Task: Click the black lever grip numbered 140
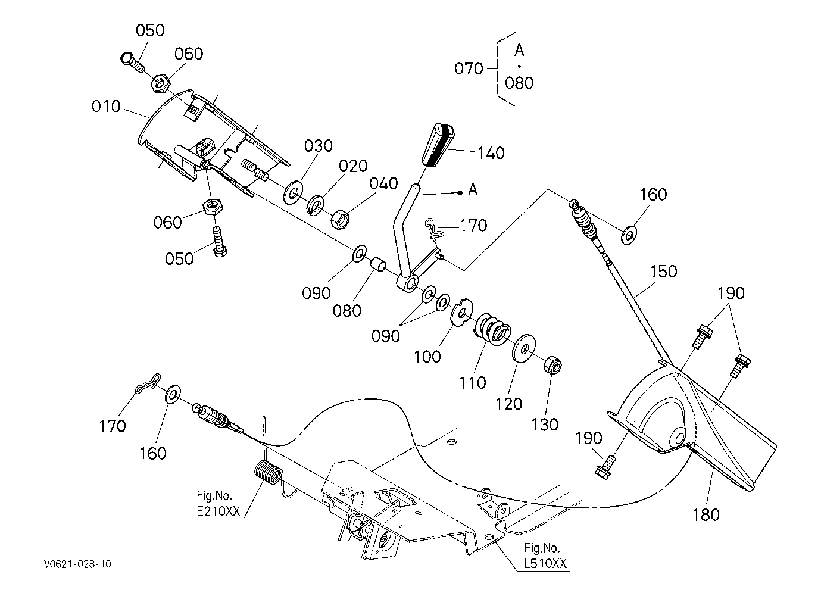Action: (438, 145)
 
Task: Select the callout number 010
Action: (106, 107)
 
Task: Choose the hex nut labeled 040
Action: (340, 219)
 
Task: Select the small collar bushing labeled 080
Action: (378, 264)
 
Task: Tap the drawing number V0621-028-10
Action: (78, 564)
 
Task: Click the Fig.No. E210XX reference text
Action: (218, 504)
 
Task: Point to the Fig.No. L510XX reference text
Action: (545, 556)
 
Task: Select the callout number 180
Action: (706, 515)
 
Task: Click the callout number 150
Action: (663, 272)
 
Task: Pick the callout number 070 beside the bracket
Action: (469, 68)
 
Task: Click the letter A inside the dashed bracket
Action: (519, 50)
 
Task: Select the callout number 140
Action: (491, 153)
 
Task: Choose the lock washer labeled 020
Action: (315, 206)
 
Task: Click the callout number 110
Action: (473, 383)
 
